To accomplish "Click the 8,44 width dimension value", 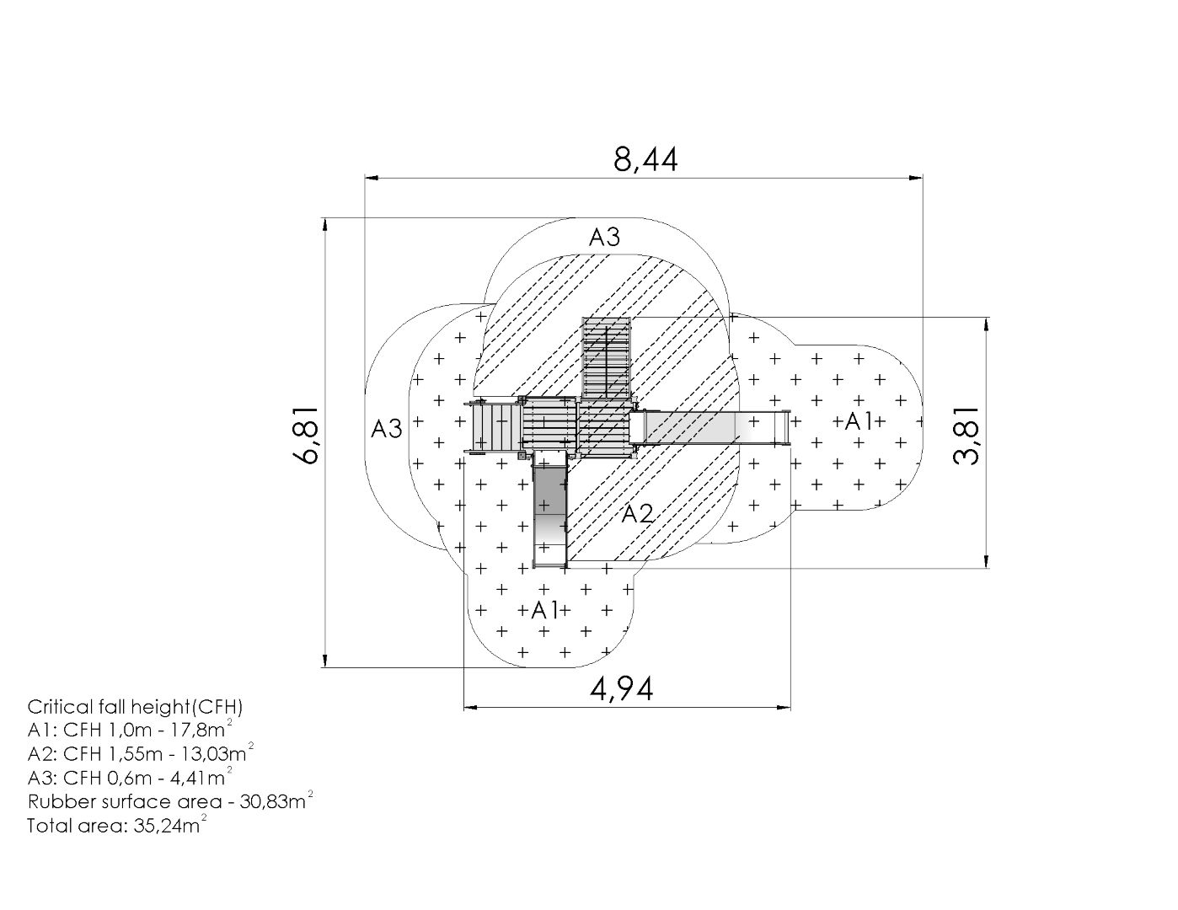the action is [x=645, y=160].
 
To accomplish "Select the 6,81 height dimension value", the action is [x=306, y=435].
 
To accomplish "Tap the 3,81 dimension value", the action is [x=966, y=436].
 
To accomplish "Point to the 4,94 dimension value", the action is [x=621, y=689].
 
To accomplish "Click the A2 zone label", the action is [x=637, y=513].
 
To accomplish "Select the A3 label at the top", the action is [x=604, y=238].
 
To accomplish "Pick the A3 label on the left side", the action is [x=387, y=429].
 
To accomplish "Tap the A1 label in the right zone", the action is [x=859, y=421].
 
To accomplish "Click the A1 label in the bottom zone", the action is [x=545, y=611].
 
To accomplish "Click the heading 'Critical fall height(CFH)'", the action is [x=135, y=707].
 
